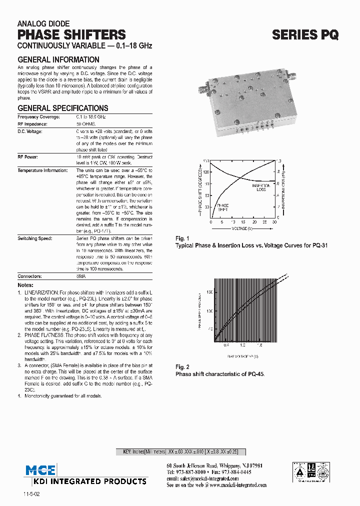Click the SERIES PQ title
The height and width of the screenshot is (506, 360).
pyautogui.click(x=305, y=34)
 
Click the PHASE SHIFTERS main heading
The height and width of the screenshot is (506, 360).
pyautogui.click(x=71, y=34)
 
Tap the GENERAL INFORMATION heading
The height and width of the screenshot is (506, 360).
pyautogui.click(x=58, y=60)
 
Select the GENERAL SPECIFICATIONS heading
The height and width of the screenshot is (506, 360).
pyautogui.click(x=63, y=108)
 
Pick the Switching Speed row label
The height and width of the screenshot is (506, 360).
pyautogui.click(x=34, y=238)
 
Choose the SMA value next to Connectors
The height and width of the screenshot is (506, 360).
pyautogui.click(x=80, y=276)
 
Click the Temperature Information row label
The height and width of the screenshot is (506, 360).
pyautogui.click(x=42, y=170)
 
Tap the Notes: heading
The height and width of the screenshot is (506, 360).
pyautogui.click(x=25, y=285)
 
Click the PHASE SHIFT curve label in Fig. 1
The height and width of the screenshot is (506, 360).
pyautogui.click(x=222, y=207)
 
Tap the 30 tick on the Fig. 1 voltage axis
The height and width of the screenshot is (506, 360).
pyautogui.click(x=274, y=222)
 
